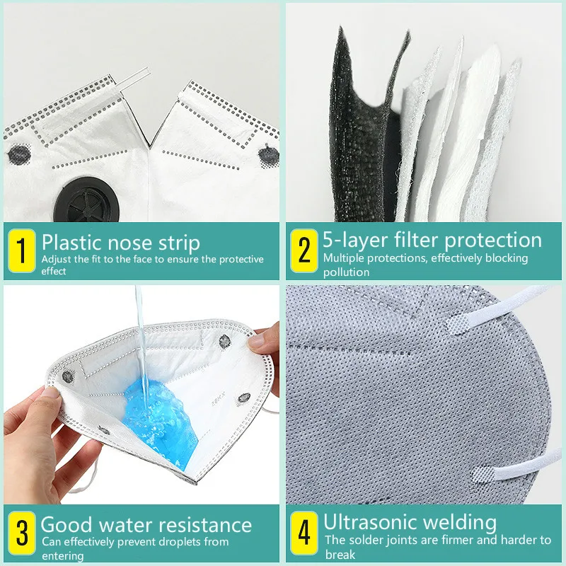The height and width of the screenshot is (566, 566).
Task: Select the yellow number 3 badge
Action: click(x=21, y=535)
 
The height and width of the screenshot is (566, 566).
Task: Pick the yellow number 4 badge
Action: click(x=304, y=535)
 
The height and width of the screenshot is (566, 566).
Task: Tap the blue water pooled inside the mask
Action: click(x=152, y=410)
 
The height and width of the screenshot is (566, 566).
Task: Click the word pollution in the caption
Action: click(x=347, y=272)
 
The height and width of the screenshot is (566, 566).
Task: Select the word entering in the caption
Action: click(x=62, y=556)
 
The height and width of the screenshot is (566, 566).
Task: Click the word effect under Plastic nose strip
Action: click(x=58, y=272)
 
